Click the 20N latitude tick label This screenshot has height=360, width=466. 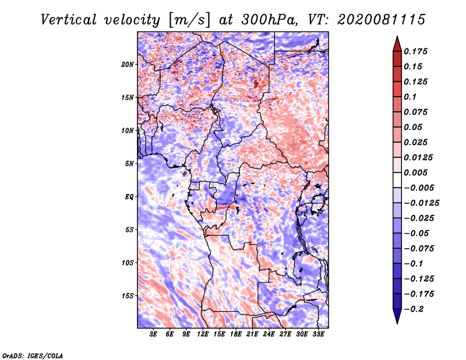[127, 65]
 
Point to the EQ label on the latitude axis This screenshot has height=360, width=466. [129, 196]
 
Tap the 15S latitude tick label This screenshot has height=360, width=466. [128, 296]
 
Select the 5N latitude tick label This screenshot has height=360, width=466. [129, 164]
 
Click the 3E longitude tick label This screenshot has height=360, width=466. [153, 334]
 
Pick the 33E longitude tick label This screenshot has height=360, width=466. [318, 334]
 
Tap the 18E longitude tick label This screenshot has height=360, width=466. [236, 334]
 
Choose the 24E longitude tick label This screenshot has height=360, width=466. [269, 334]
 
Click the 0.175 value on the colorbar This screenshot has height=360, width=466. [415, 51]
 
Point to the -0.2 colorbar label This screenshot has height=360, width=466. [414, 309]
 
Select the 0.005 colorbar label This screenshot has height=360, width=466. [415, 172]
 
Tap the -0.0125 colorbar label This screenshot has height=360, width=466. [421, 203]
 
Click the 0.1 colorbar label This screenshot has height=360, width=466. [410, 97]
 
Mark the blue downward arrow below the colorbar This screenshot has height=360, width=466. [397, 316]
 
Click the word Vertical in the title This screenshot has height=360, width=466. [68, 20]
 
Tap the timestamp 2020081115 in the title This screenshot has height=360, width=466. [382, 20]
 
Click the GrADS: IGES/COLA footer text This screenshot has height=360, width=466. [33, 355]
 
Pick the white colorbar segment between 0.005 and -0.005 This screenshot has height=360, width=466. [397, 180]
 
